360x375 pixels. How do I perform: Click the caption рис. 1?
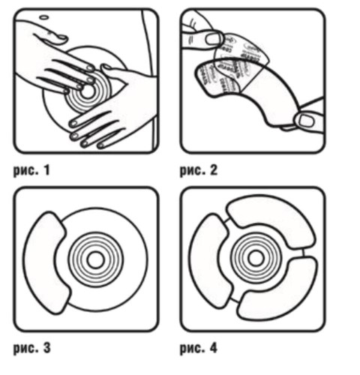pyautogui.click(x=31, y=171)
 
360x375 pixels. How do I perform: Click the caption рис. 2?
pyautogui.click(x=199, y=171)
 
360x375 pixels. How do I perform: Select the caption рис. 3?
pyautogui.click(x=31, y=348)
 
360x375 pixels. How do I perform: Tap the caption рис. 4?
pyautogui.click(x=199, y=348)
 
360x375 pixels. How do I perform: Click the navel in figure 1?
pyautogui.click(x=44, y=17)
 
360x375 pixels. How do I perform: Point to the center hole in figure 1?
pyautogui.click(x=88, y=92)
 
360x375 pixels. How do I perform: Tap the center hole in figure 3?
pyautogui.click(x=96, y=260)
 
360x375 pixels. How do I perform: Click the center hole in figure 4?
pyautogui.click(x=256, y=259)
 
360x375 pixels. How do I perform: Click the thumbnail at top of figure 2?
pyautogui.click(x=213, y=39)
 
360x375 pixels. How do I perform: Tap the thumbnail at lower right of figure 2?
pyautogui.click(x=306, y=121)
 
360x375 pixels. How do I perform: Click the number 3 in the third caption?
pyautogui.click(x=46, y=348)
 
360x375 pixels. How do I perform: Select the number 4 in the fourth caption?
pyautogui.click(x=213, y=348)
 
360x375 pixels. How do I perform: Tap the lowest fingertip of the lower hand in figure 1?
pyautogui.click(x=100, y=145)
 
